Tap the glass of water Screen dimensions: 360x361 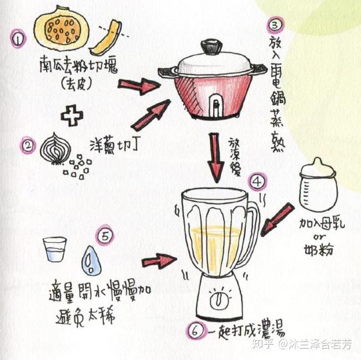(x=54, y=251)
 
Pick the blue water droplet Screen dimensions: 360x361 (x=92, y=258)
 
